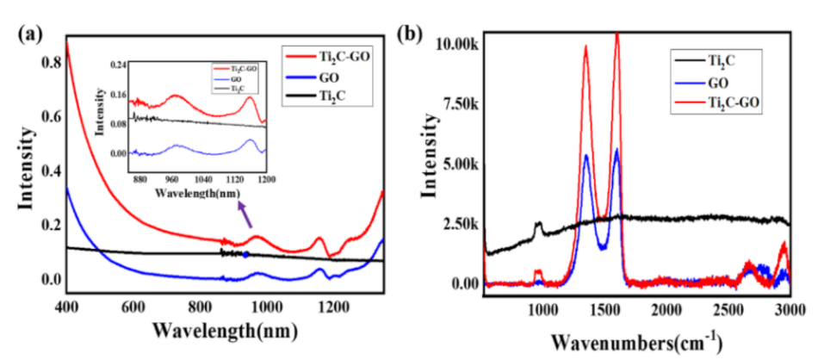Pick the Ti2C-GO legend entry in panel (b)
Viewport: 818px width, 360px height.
pyautogui.click(x=728, y=104)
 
